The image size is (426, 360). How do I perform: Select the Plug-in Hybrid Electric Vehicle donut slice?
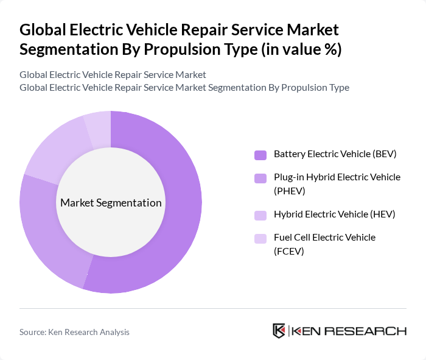46,231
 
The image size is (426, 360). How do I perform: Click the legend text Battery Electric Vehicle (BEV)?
335,154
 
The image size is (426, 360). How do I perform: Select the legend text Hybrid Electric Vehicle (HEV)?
334,214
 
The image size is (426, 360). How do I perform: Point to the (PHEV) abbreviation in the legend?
290,191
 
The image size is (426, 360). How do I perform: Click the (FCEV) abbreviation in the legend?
289,250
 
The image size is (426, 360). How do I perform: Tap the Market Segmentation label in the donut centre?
111,203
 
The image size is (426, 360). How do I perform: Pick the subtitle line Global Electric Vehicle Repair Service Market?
113,74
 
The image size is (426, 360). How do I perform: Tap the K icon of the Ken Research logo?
279,331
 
